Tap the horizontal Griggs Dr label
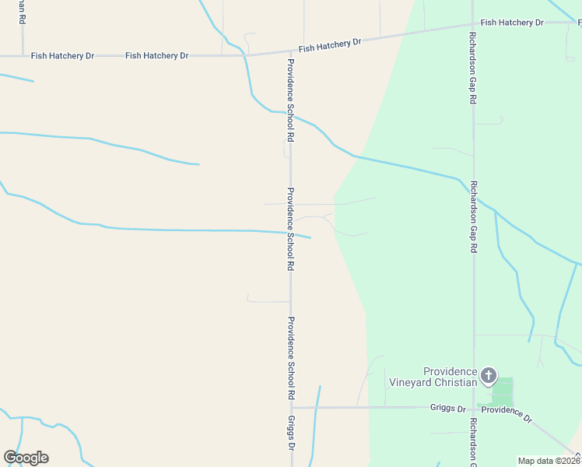point(447,409)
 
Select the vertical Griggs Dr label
point(291,434)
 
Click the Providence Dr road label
point(506,414)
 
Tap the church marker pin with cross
point(488,377)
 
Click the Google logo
point(26,458)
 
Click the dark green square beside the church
point(503,391)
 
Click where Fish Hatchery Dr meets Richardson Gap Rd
point(472,24)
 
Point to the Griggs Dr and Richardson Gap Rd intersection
point(473,407)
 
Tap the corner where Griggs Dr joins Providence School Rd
point(291,407)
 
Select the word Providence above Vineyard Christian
point(451,371)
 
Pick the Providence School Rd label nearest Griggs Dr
point(291,358)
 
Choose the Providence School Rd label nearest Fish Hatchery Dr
point(290,100)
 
